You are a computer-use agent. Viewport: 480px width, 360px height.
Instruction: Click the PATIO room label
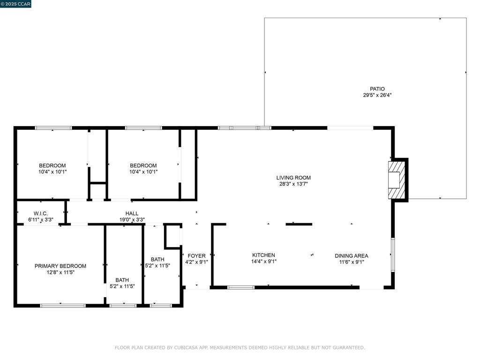point(377,89)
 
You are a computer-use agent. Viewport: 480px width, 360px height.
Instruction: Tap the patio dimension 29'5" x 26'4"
point(377,95)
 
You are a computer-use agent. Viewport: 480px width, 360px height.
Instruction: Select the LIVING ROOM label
point(293,178)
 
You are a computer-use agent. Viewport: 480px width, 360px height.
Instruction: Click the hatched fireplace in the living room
point(397,180)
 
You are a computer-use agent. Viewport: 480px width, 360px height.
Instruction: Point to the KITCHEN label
point(263,255)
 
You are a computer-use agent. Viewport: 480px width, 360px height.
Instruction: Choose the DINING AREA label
point(352,255)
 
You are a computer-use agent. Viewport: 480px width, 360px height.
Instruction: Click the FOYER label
point(196,255)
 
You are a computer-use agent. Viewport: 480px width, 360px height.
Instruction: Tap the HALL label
point(132,213)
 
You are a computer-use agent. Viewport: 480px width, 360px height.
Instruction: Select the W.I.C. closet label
point(40,213)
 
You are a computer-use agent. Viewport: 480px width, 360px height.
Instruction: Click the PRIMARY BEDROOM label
point(60,266)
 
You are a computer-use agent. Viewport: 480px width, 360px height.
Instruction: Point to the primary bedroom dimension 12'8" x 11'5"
point(60,272)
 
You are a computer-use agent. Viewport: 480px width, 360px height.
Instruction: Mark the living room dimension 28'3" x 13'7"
point(293,184)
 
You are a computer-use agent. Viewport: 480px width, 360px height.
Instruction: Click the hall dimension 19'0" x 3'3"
point(132,219)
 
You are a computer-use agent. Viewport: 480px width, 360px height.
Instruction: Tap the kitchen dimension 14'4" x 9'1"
point(263,262)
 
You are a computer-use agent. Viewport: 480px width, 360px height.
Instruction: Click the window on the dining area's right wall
point(393,255)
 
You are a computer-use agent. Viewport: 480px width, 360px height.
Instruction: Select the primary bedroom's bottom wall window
point(63,306)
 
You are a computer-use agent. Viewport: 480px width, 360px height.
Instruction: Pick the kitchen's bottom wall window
point(241,287)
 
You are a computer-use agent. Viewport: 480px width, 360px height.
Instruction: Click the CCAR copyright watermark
point(15,4)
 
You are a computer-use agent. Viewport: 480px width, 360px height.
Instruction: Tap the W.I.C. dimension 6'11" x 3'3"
point(41,219)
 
